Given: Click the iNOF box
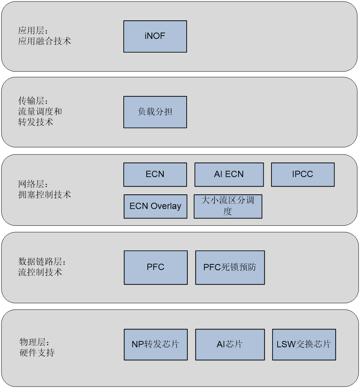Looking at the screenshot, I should click(x=155, y=36).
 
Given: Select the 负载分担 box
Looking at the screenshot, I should click(x=155, y=112).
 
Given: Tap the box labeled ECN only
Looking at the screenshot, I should click(x=155, y=174).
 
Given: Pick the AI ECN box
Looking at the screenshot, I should click(x=229, y=174).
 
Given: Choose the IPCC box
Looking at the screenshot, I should click(x=303, y=174).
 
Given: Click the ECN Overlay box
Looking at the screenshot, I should click(x=155, y=206).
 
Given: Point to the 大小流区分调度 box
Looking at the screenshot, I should click(x=228, y=206).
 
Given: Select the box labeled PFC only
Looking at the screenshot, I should click(x=156, y=267).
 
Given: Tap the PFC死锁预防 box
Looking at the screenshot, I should click(x=230, y=267).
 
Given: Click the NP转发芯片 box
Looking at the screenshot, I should click(x=156, y=344).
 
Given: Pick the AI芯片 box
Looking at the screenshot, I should click(x=230, y=344).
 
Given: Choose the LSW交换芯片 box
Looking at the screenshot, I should click(x=304, y=344).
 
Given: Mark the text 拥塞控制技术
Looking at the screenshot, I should click(x=44, y=194).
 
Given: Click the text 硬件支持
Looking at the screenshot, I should click(x=37, y=352).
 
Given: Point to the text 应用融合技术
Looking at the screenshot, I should click(x=44, y=41).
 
